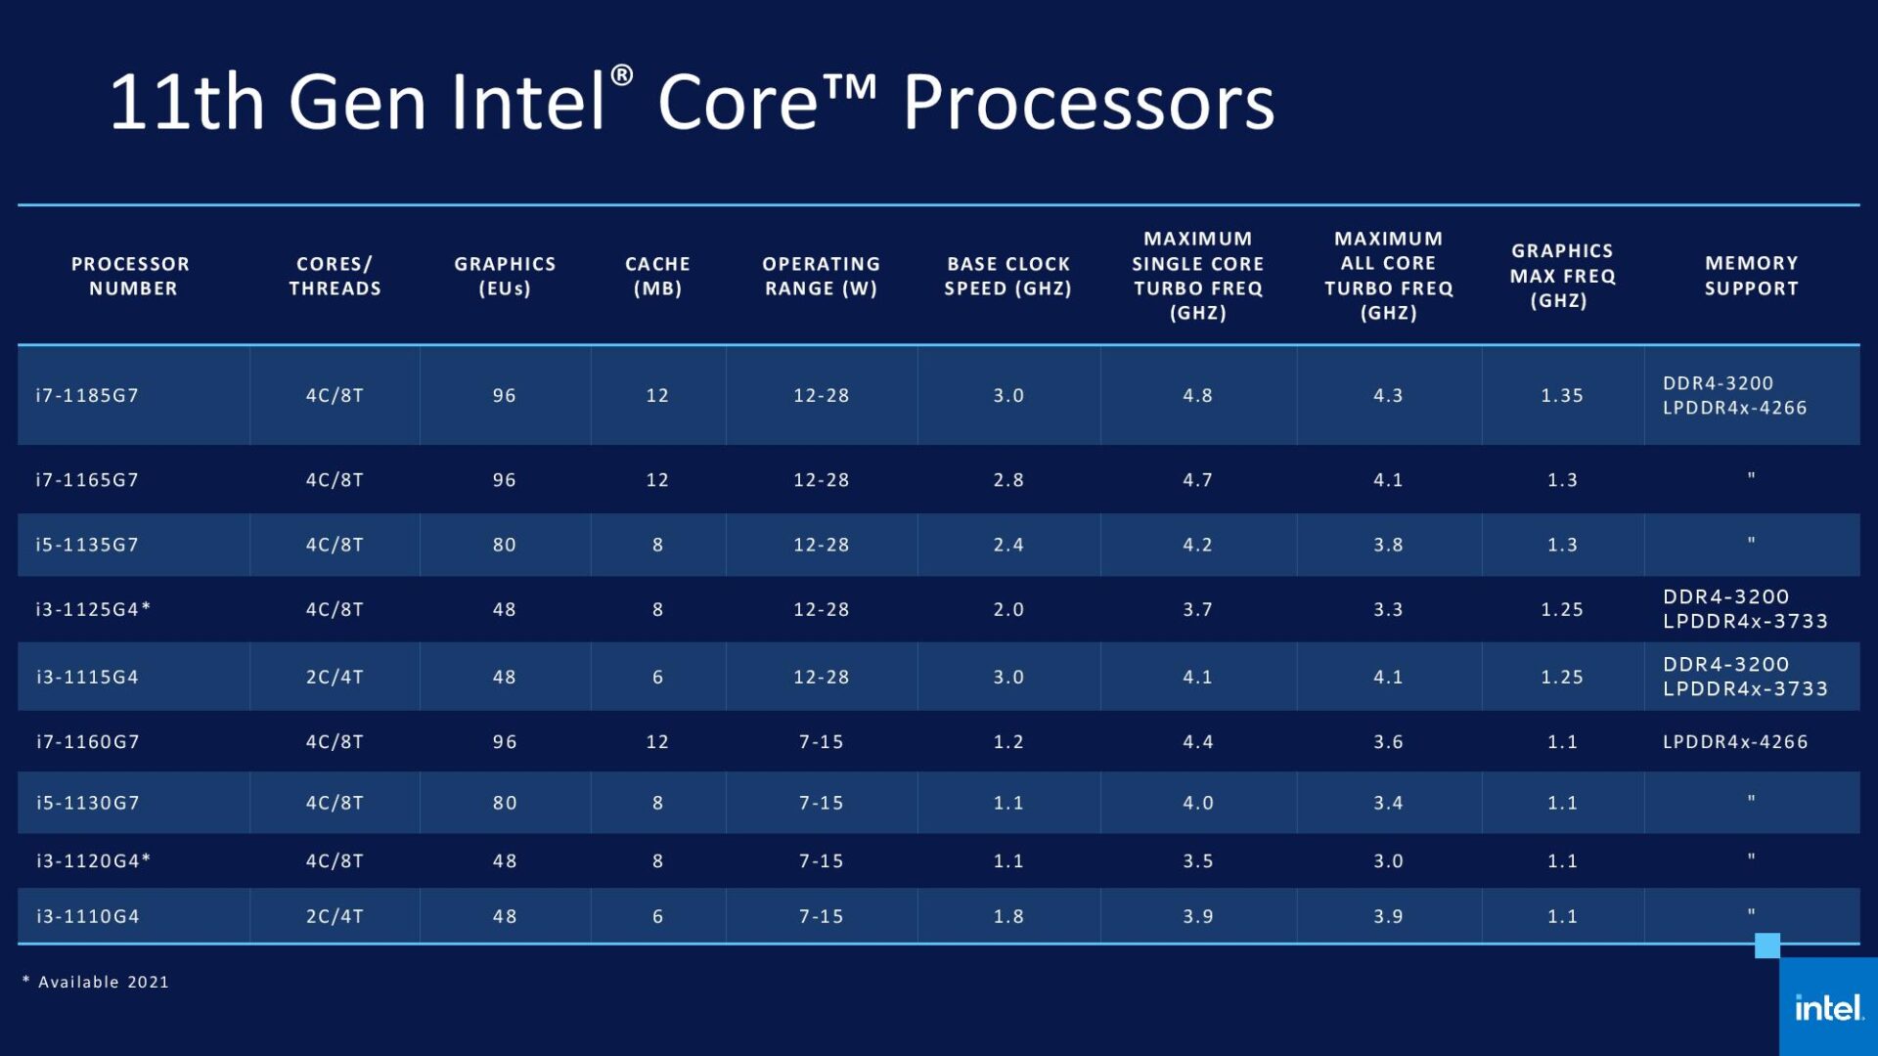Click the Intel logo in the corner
point(1828,1007)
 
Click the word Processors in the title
point(1088,103)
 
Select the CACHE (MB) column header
point(657,276)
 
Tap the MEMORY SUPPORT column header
point(1751,276)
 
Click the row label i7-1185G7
point(87,395)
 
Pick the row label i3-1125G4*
point(93,609)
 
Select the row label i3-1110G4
point(87,916)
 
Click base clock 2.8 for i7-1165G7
point(1008,480)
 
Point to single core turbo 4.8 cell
point(1197,395)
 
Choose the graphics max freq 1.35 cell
point(1562,395)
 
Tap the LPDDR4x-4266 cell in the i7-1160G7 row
point(1735,741)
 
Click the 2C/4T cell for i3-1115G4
point(335,677)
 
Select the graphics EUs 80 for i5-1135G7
point(504,545)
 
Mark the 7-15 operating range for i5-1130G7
point(821,803)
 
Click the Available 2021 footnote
point(98,982)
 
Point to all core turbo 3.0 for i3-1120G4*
point(1388,860)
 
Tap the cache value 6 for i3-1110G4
point(657,916)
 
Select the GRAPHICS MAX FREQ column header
point(1562,276)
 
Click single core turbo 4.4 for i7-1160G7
point(1197,741)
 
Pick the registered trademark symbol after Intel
point(622,75)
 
